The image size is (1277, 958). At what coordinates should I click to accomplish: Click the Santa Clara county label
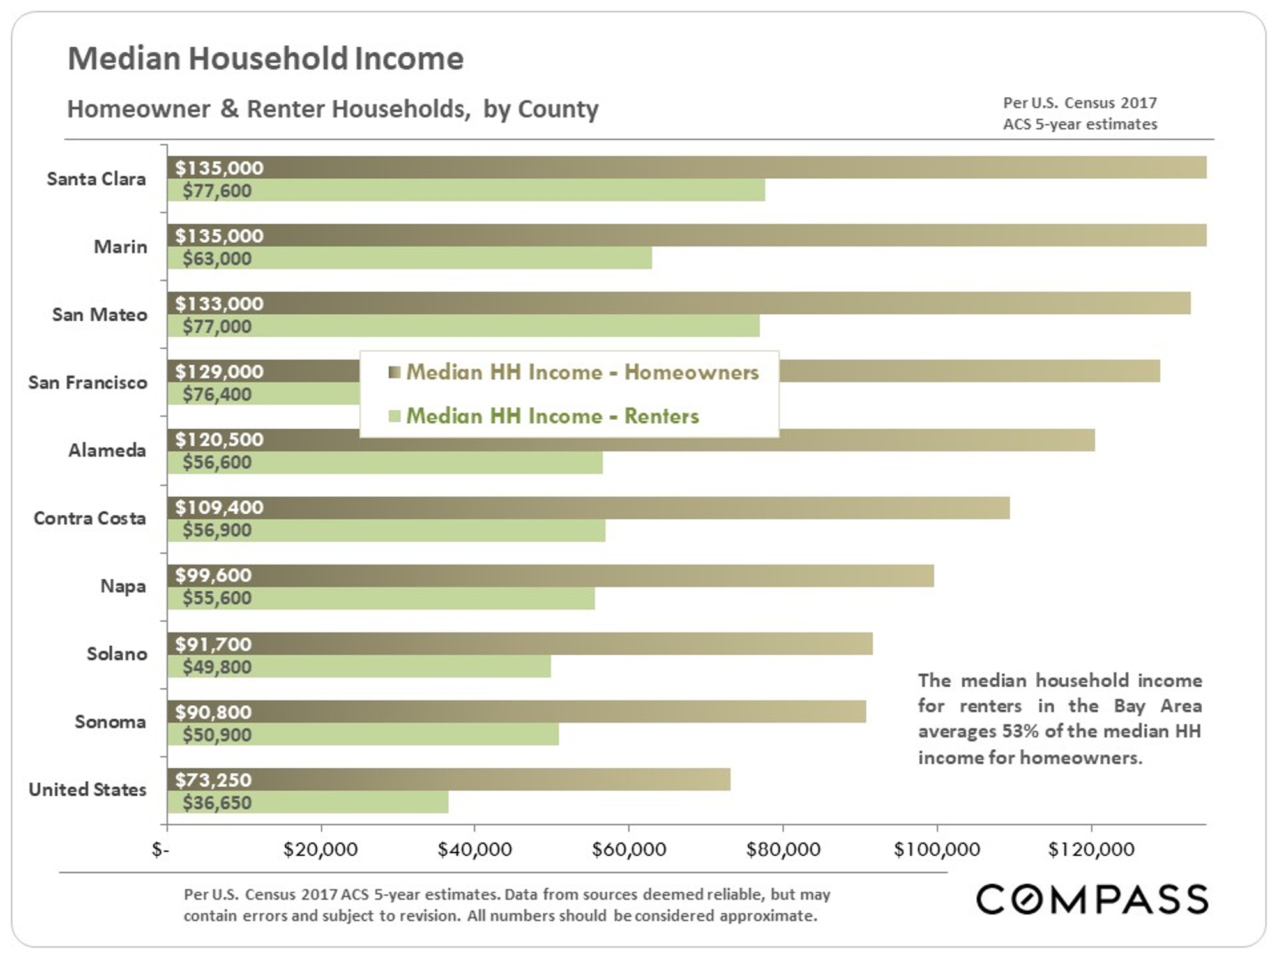96,179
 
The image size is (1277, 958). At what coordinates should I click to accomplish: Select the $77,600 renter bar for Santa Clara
466,190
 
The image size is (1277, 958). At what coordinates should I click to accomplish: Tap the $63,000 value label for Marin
216,259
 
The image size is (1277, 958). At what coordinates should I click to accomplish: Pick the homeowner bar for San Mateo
679,303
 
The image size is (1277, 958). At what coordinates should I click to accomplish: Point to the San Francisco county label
87,383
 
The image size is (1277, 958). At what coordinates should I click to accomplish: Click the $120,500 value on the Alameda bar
219,439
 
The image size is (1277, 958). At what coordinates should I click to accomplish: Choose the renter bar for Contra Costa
386,530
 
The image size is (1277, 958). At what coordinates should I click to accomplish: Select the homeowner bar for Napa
550,575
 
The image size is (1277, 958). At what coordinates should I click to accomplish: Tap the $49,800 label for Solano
216,667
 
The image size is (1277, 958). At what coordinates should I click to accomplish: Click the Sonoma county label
110,722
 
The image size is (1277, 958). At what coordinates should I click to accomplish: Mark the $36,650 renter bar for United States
308,802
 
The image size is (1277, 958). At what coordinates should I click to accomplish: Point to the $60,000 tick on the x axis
629,849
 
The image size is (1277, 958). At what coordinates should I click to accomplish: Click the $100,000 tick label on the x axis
937,849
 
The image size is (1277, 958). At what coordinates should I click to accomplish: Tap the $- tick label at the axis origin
160,849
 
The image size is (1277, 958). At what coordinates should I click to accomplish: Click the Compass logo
1092,899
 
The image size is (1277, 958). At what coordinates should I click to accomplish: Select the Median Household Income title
266,59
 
